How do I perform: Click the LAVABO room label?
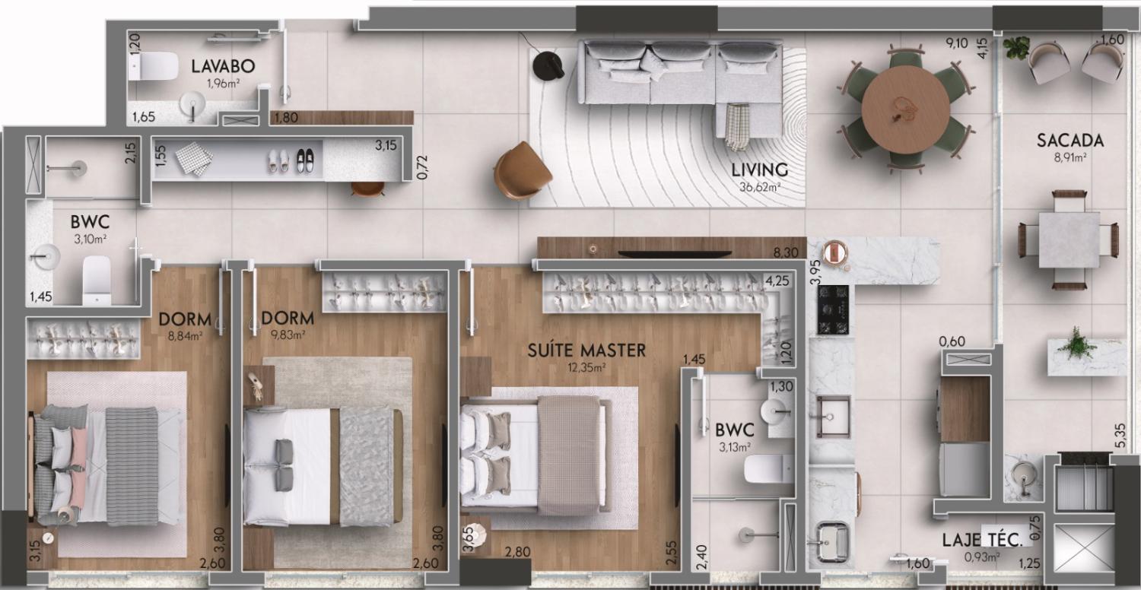(x=223, y=66)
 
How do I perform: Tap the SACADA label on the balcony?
(x=1070, y=141)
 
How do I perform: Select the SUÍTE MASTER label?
(x=586, y=351)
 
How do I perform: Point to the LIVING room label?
(x=759, y=170)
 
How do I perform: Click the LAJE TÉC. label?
(x=982, y=540)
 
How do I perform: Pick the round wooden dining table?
(x=906, y=109)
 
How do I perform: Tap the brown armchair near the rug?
(x=521, y=170)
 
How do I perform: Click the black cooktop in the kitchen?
(x=833, y=309)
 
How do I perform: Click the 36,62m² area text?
(x=760, y=187)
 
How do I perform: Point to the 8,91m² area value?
(x=1070, y=157)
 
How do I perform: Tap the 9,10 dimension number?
(x=957, y=43)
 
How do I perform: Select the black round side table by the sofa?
(x=548, y=65)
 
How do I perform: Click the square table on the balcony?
(x=1069, y=239)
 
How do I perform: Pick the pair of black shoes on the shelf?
(x=305, y=160)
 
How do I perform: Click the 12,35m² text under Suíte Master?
(x=586, y=367)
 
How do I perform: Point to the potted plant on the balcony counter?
(x=1076, y=344)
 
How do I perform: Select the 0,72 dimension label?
(x=421, y=167)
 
